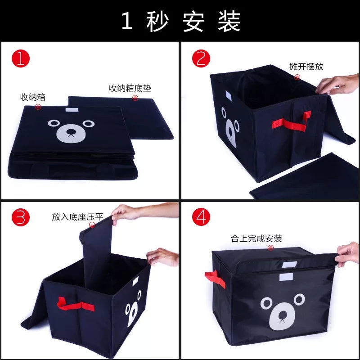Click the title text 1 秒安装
[180, 21]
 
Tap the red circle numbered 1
[21, 59]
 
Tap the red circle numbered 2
[201, 59]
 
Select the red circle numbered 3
[21, 218]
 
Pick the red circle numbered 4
[201, 218]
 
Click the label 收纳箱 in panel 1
[33, 97]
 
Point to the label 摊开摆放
[306, 67]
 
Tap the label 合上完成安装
[256, 238]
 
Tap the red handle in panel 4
[216, 279]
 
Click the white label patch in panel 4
[285, 277]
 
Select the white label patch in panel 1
[71, 109]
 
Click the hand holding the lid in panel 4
[348, 254]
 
